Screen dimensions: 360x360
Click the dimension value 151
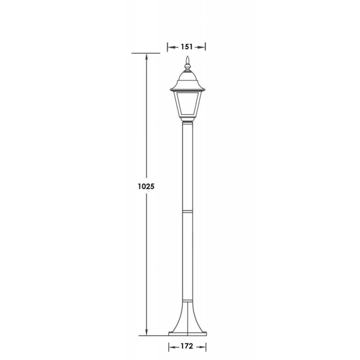(187, 47)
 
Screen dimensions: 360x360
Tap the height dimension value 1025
(146, 186)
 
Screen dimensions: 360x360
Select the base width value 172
(187, 346)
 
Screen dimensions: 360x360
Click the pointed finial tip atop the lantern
(188, 57)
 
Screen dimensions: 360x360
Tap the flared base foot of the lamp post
(188, 318)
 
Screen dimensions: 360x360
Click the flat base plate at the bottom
(188, 333)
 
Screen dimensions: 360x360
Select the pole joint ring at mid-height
(188, 211)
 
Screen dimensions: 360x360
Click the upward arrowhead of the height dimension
(147, 57)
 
